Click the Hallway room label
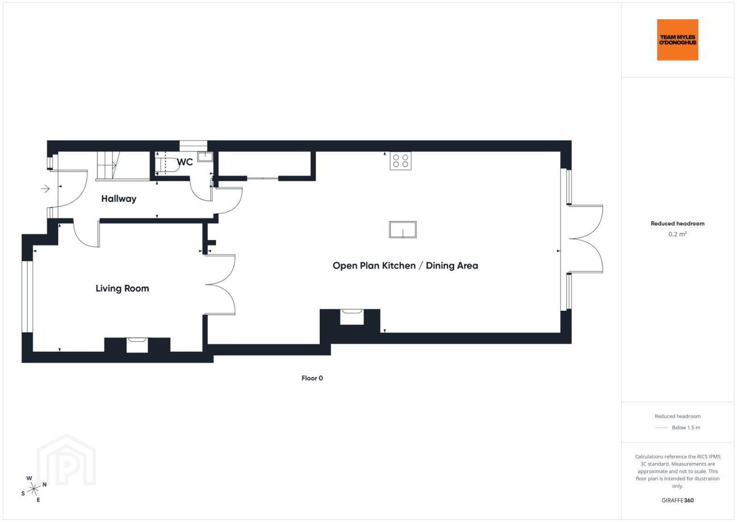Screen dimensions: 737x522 tap(119, 199)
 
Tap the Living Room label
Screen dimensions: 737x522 tap(122, 289)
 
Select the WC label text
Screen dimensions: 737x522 tap(184, 162)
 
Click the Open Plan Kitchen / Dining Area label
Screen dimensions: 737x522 tap(405, 266)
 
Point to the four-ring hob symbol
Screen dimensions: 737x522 tap(400, 161)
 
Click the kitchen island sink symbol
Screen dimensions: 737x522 tap(403, 230)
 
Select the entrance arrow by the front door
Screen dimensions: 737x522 tap(45, 188)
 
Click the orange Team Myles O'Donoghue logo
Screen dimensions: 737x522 tap(678, 40)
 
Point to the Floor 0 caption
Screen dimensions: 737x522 tap(312, 378)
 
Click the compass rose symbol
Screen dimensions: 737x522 tap(33, 489)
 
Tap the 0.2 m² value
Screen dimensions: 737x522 tap(678, 234)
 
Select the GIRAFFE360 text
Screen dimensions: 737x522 tap(678, 500)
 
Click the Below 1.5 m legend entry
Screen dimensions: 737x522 tap(678, 427)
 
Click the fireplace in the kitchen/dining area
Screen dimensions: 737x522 tap(352, 317)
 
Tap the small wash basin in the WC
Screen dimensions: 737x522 tap(205, 156)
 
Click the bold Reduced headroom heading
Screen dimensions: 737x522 tap(678, 224)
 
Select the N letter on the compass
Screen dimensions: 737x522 tap(44, 484)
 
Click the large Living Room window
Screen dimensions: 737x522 tap(28, 296)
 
